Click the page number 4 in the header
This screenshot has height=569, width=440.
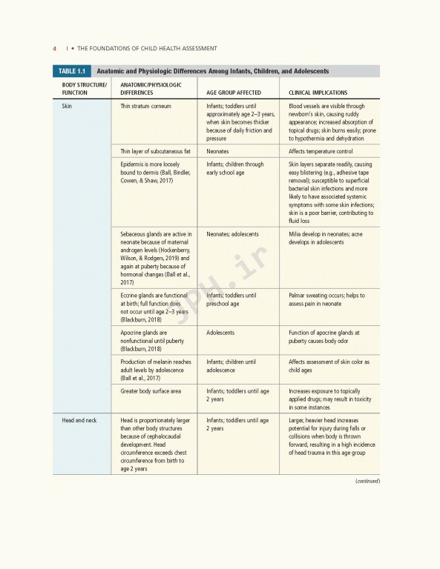click(x=54, y=48)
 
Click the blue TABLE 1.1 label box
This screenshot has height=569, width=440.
click(x=71, y=71)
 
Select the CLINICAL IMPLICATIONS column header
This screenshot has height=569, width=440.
click(x=318, y=93)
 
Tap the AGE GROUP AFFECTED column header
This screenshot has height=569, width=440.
click(x=234, y=93)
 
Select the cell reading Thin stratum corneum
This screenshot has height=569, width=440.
click(x=145, y=107)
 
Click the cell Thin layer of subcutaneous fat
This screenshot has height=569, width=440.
click(x=155, y=151)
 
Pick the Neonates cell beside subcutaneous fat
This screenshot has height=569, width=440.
click(x=217, y=151)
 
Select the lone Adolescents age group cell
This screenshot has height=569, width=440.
click(x=220, y=333)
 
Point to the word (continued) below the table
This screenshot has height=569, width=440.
click(x=367, y=481)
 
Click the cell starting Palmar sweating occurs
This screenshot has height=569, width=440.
click(x=328, y=299)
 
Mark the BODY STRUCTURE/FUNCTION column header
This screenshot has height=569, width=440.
click(x=84, y=89)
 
